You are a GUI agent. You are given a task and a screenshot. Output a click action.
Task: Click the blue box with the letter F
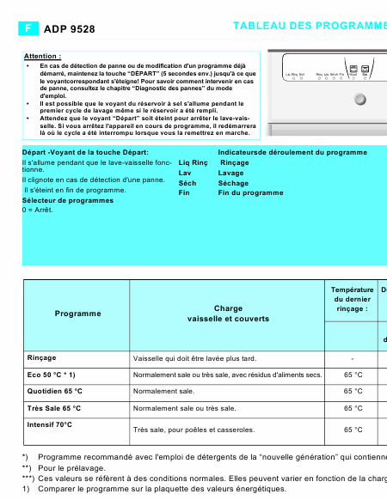click(x=28, y=28)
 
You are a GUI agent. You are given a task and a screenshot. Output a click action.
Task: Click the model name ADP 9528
click(x=69, y=29)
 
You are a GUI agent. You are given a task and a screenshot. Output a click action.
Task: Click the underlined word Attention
click(x=42, y=56)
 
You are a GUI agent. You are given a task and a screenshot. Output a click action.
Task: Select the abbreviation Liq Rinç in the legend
click(x=193, y=162)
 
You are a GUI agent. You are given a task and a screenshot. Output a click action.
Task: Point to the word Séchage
click(x=233, y=183)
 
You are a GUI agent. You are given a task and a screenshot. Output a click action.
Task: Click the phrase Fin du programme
click(x=250, y=193)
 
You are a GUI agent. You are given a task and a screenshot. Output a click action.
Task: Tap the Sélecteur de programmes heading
click(x=67, y=200)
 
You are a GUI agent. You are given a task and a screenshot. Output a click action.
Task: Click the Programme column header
click(x=77, y=314)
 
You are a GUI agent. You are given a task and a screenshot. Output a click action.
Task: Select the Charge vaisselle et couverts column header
click(x=228, y=314)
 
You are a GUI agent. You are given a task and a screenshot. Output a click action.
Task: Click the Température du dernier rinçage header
click(x=353, y=300)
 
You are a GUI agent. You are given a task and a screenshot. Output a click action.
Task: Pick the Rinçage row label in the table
click(x=42, y=357)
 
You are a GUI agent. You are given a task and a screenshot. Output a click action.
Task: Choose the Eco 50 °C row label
click(x=52, y=375)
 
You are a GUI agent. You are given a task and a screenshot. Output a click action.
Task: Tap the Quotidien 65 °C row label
click(x=55, y=391)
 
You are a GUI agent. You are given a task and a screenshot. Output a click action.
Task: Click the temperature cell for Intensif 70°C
click(x=353, y=430)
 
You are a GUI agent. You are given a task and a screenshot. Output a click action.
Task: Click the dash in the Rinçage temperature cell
click(x=353, y=358)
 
